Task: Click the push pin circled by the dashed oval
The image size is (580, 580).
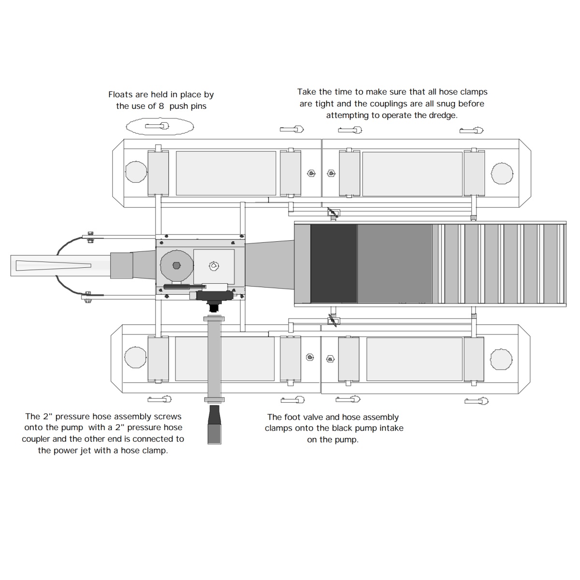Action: point(158,126)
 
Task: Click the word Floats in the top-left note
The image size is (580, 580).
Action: point(121,95)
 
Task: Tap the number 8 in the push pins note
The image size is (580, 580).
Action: point(161,106)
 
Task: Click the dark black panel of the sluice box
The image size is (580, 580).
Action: point(333,264)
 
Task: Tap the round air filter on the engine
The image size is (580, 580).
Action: point(176,265)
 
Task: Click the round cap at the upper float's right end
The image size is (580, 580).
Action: point(502,173)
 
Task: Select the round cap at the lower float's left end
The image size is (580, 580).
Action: point(135,357)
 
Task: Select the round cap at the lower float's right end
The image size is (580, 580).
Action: point(501,359)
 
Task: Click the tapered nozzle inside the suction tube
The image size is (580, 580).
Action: point(53,265)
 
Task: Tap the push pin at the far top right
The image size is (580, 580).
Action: point(471,130)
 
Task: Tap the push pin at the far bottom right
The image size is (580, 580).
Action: point(477,401)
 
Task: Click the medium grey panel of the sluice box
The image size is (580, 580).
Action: point(394,264)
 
